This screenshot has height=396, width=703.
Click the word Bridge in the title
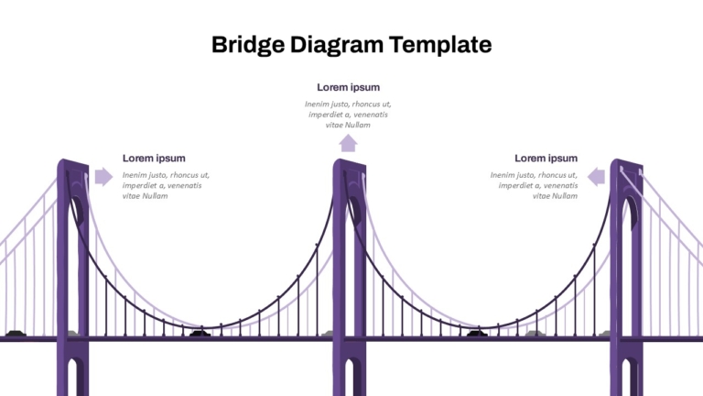point(247,45)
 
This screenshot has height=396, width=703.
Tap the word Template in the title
point(440,45)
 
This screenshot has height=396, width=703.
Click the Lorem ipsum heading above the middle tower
point(349,87)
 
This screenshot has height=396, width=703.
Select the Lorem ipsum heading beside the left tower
point(154,158)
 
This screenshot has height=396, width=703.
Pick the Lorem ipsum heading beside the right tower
point(546,158)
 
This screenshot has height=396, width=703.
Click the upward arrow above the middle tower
point(348,144)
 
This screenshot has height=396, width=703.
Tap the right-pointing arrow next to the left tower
point(104,176)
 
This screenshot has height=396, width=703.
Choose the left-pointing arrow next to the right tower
point(596,176)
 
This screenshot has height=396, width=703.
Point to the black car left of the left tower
point(16,333)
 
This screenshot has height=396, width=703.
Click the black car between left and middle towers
point(200,333)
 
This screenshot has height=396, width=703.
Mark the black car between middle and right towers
point(477,333)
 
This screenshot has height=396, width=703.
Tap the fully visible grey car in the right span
point(534,333)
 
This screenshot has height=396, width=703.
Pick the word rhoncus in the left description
point(185,175)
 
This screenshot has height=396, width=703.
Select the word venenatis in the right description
point(559,185)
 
